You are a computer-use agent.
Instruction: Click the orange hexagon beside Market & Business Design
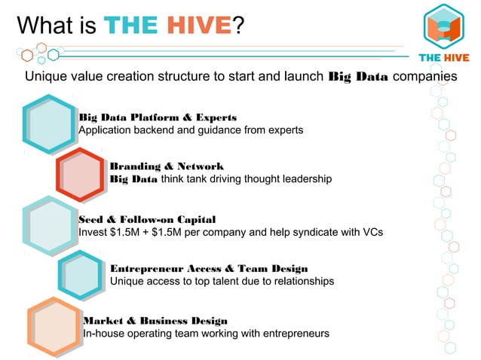coord(54,326)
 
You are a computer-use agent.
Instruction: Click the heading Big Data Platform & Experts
coord(158,117)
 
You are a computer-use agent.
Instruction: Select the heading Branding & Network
coord(167,166)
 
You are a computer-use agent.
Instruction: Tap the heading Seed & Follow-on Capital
coord(147,219)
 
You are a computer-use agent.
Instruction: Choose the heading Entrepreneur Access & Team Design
coord(209,268)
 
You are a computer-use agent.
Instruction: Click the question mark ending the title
coord(237,26)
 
